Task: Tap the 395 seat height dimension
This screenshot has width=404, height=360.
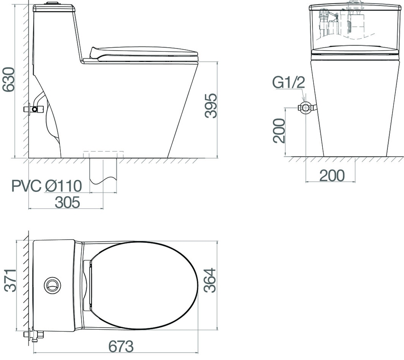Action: (211, 106)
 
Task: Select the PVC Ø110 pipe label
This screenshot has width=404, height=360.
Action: (47, 186)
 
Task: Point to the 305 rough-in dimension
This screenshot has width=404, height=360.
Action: (67, 202)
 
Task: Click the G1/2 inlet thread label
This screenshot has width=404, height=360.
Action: (288, 83)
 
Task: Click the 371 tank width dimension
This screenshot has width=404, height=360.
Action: (10, 280)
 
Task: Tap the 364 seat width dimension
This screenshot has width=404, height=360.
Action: (209, 280)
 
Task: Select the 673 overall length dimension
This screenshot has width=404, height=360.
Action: (121, 346)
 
